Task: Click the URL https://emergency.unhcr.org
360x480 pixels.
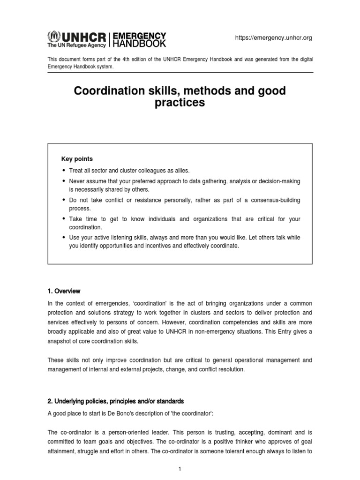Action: tap(273, 38)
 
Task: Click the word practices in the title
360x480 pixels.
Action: tap(180, 103)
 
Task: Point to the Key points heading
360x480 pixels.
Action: tap(77, 159)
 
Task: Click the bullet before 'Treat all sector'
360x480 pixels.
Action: tap(64, 171)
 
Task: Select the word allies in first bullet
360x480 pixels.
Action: tap(180, 171)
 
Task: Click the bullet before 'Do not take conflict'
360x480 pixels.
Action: tap(64, 201)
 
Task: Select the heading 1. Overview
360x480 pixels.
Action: tap(64, 291)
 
